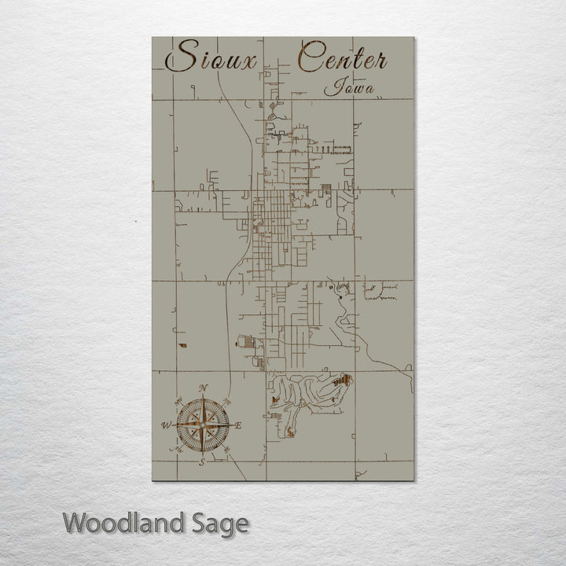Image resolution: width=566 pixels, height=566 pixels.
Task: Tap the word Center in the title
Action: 343,58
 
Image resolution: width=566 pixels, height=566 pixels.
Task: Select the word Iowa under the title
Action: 348,86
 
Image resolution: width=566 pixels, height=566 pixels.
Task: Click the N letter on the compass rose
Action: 203,388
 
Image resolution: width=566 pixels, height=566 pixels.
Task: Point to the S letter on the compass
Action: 202,461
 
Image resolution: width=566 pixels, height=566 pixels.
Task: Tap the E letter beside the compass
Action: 239,425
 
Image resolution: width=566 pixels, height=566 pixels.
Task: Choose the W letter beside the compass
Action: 166,425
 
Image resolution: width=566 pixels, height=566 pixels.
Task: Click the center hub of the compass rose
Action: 203,425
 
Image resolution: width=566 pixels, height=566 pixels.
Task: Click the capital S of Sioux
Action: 180,57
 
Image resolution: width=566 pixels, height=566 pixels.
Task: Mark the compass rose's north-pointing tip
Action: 203,397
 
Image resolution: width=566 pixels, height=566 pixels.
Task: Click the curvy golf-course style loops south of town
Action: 307,393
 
